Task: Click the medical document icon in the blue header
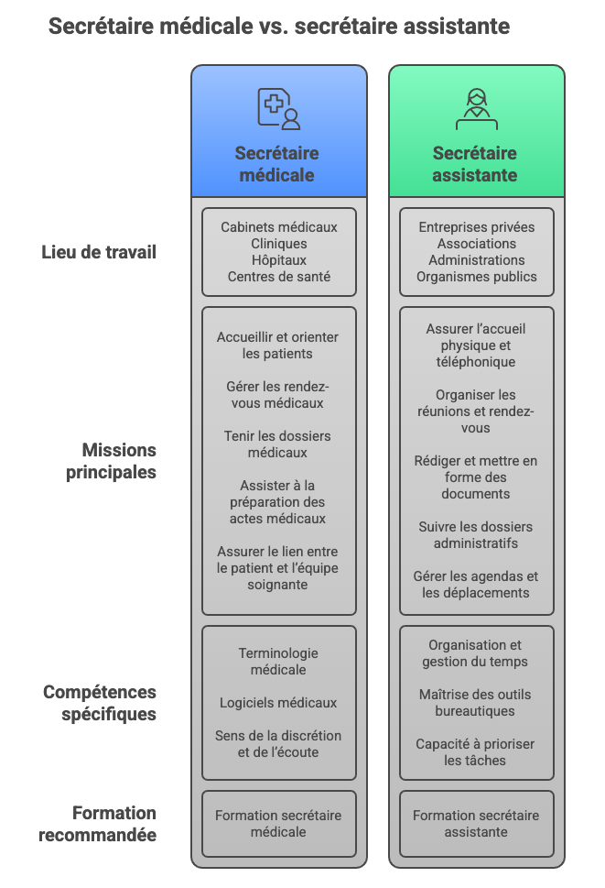pyautogui.click(x=279, y=109)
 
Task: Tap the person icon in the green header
pyautogui.click(x=477, y=109)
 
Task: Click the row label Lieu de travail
pyautogui.click(x=98, y=252)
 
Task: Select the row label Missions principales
pyautogui.click(x=111, y=461)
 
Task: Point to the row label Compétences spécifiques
pyautogui.click(x=100, y=703)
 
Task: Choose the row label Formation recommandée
pyautogui.click(x=97, y=824)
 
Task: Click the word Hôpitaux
pyautogui.click(x=279, y=260)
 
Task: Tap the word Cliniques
pyautogui.click(x=279, y=244)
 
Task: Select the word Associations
pyautogui.click(x=477, y=244)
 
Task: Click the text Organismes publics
pyautogui.click(x=477, y=277)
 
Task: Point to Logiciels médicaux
pyautogui.click(x=278, y=703)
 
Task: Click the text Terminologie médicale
pyautogui.click(x=278, y=662)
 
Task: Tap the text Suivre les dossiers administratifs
pyautogui.click(x=476, y=535)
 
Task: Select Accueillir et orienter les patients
pyautogui.click(x=277, y=345)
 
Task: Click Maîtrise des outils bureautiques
pyautogui.click(x=475, y=703)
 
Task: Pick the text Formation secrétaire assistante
pyautogui.click(x=476, y=824)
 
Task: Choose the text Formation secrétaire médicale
pyautogui.click(x=278, y=824)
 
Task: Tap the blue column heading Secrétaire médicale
pyautogui.click(x=277, y=164)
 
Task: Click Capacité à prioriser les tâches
pyautogui.click(x=475, y=752)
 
